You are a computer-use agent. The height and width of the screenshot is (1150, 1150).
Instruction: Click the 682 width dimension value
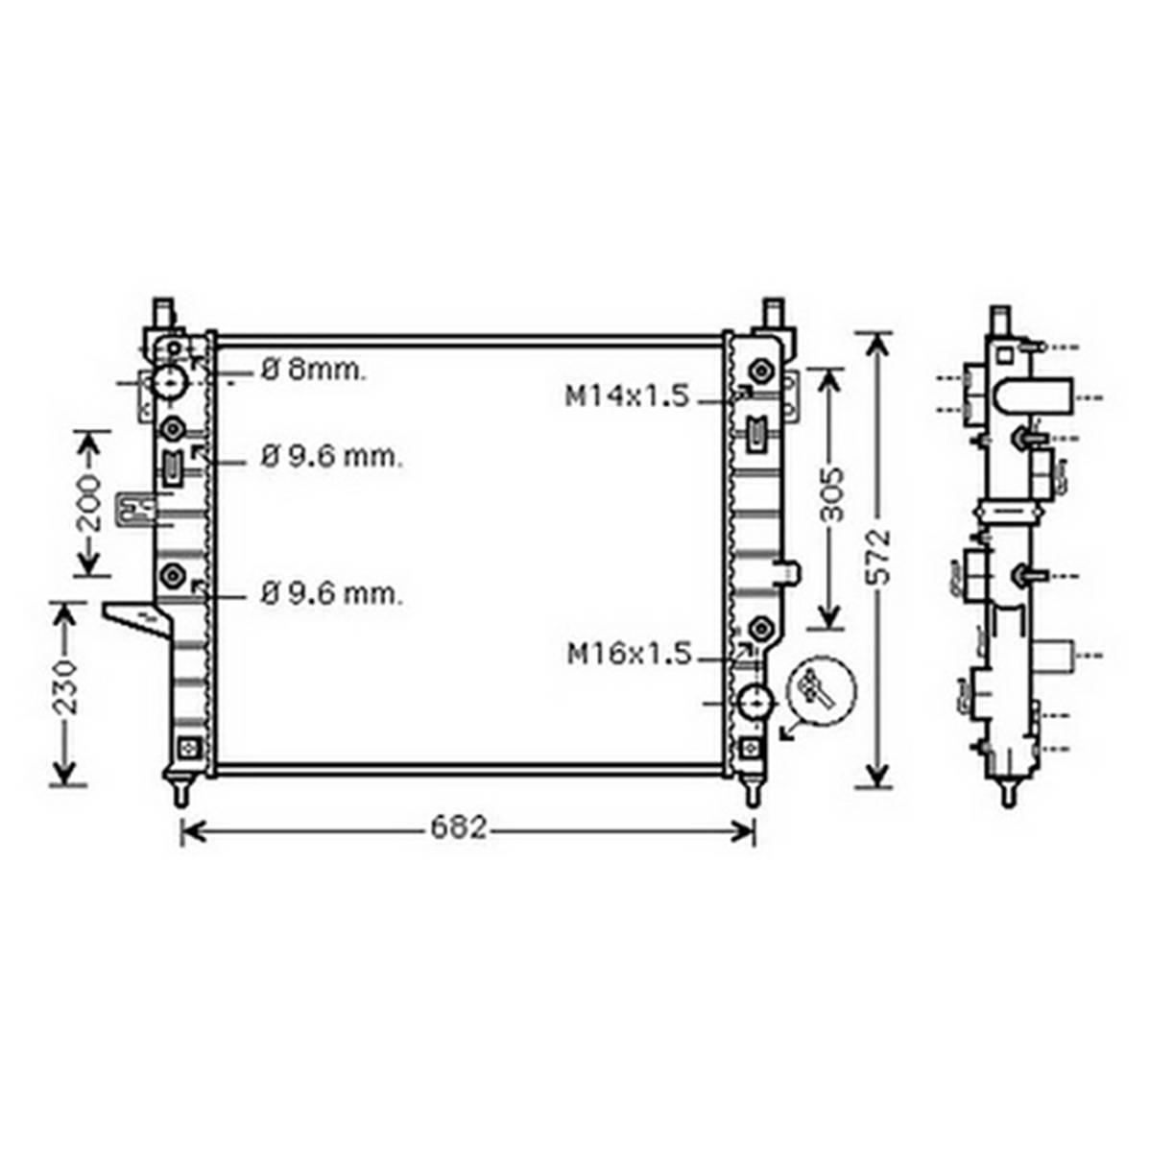click(459, 827)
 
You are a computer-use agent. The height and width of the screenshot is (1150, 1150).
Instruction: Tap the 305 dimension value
click(832, 494)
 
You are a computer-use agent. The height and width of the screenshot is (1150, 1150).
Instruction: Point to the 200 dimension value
click(90, 503)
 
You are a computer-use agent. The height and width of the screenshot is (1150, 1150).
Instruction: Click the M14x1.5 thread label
click(628, 396)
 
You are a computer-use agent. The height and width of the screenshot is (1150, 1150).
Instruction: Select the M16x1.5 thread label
click(630, 654)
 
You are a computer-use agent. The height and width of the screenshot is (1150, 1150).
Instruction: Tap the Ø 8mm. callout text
click(313, 371)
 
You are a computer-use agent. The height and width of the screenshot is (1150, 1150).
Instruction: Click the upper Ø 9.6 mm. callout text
click(331, 457)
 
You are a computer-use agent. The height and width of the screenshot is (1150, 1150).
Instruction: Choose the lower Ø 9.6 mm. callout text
click(331, 593)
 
